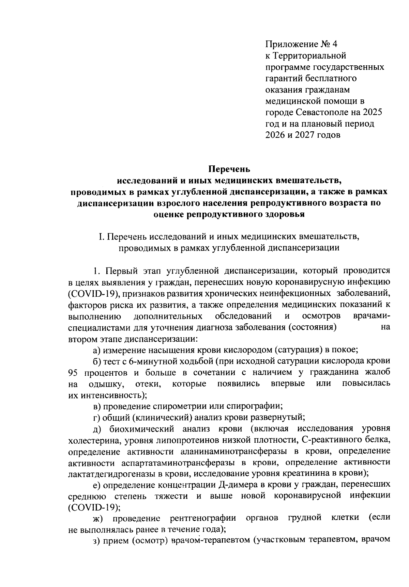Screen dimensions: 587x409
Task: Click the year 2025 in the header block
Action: (373, 112)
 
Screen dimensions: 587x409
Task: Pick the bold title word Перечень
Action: (229, 169)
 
